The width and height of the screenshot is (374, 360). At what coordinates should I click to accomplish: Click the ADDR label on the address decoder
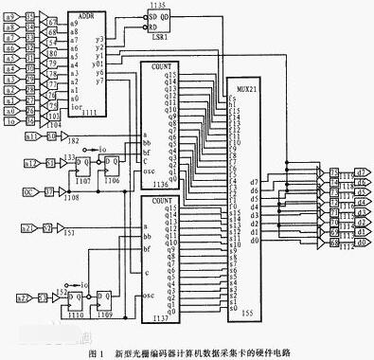(88, 17)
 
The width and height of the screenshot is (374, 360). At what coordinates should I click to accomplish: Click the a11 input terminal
(30, 137)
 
